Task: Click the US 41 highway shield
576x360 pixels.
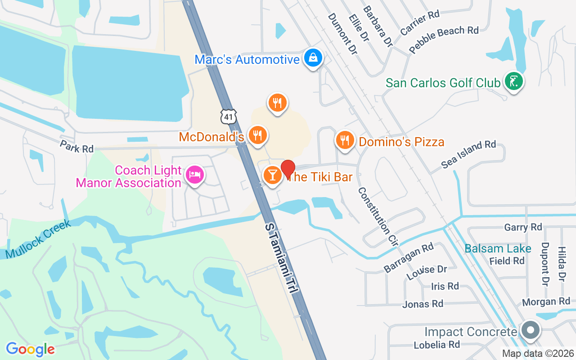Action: (229, 116)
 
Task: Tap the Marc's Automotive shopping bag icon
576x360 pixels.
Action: (312, 58)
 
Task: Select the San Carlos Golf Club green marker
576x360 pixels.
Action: (514, 81)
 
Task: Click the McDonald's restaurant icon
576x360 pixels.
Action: (257, 135)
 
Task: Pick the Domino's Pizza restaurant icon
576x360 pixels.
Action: (345, 140)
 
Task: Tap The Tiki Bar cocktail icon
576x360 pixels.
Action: (272, 175)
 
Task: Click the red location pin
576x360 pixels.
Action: (288, 169)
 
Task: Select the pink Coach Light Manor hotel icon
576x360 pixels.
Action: (194, 175)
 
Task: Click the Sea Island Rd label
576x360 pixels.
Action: (468, 154)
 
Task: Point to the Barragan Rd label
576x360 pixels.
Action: (409, 257)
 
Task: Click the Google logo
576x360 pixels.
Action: (30, 349)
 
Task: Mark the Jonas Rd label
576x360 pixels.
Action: (423, 304)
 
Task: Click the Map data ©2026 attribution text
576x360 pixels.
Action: (538, 354)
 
